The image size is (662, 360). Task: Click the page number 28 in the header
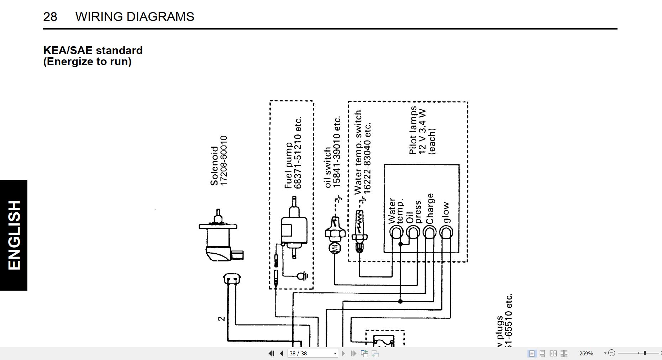click(50, 17)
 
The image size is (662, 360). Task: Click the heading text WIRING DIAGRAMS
click(135, 17)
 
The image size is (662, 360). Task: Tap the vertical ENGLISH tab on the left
click(14, 235)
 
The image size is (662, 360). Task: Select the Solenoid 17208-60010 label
click(219, 161)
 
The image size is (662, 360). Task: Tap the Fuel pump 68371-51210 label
click(293, 153)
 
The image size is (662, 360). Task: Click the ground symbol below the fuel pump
click(303, 276)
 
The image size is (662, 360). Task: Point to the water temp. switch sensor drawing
click(359, 231)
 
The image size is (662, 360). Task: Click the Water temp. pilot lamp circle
click(396, 233)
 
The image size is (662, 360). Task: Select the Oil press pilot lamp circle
click(413, 233)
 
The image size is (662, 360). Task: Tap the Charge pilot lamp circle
click(430, 233)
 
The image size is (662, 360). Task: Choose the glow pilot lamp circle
click(446, 233)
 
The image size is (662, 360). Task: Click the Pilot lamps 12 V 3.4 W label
click(422, 131)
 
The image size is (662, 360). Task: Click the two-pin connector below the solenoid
click(232, 279)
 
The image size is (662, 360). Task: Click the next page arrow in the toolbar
click(343, 353)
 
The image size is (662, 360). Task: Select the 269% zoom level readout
click(586, 353)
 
